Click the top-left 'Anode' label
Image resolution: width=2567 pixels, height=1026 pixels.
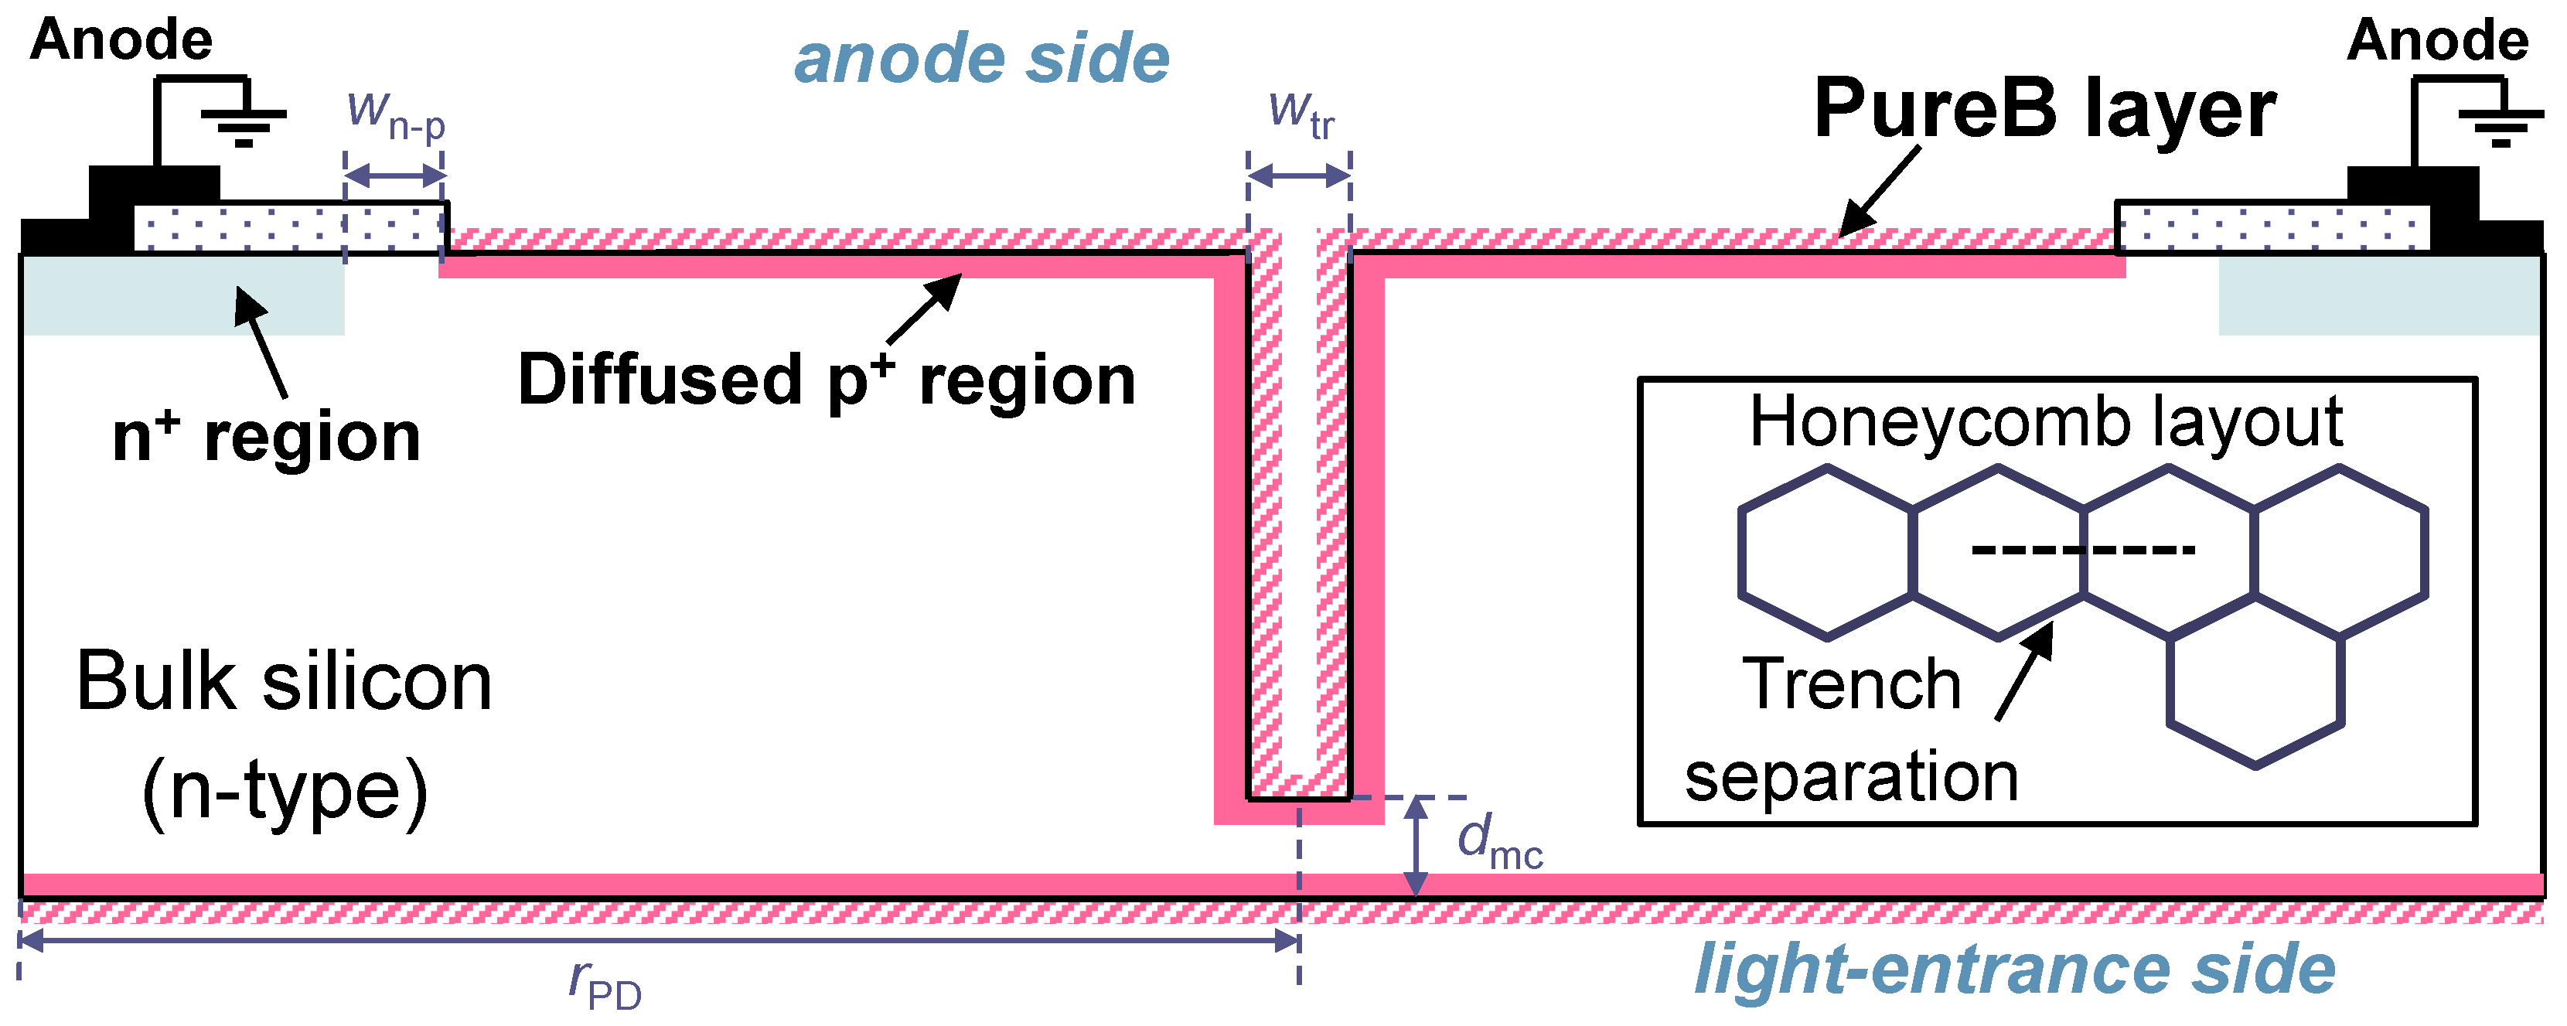click(x=121, y=40)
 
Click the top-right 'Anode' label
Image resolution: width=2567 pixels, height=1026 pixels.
click(x=2436, y=41)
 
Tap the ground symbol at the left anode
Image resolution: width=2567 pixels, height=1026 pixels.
click(x=243, y=124)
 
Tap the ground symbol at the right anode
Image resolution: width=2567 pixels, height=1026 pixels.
click(x=2499, y=124)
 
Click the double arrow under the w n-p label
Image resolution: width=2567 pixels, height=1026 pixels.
click(x=394, y=176)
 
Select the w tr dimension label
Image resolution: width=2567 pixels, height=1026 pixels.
click(x=1301, y=114)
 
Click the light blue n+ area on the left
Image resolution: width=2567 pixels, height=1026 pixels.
click(x=179, y=296)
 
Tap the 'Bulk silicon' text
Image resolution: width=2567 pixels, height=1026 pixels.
click(x=284, y=683)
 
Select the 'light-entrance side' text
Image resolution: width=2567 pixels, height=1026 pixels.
click(x=2014, y=970)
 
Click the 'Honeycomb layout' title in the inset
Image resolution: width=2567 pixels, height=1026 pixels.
click(x=2046, y=421)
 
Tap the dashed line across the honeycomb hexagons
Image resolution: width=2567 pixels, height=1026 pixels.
click(x=2083, y=549)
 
